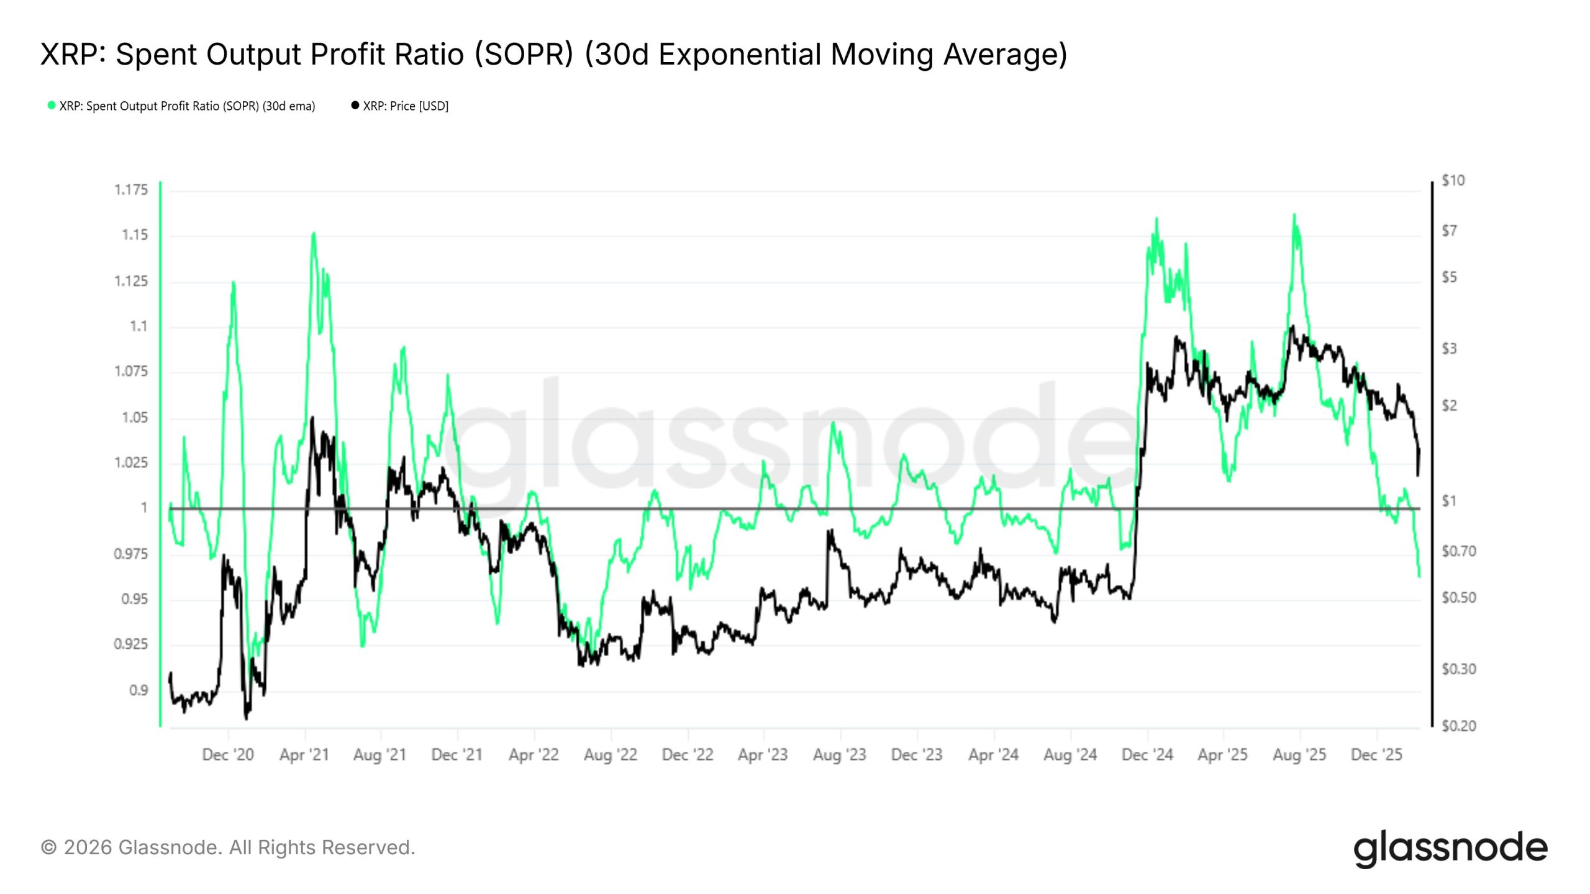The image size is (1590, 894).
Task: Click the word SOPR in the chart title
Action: coord(523,55)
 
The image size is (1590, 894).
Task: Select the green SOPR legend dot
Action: coord(52,106)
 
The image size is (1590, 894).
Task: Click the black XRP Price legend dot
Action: coord(355,106)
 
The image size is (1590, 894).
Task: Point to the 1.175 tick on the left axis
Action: coord(131,190)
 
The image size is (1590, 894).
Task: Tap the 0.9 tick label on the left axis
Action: coord(139,690)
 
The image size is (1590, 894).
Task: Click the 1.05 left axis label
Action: coord(135,418)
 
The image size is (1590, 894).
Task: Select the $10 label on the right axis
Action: coord(1453,181)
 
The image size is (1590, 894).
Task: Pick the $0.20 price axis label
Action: coord(1458,726)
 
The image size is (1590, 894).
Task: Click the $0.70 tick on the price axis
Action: coord(1458,551)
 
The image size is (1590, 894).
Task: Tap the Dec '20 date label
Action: coord(228,755)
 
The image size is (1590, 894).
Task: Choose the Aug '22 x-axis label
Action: coord(611,755)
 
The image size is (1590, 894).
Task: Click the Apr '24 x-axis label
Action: coord(993,755)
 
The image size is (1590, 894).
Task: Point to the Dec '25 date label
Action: coord(1376,755)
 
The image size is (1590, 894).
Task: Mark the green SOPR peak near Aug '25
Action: coord(1294,215)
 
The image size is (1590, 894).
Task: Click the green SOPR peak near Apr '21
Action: coord(314,233)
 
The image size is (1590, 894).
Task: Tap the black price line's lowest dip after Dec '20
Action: coord(246,718)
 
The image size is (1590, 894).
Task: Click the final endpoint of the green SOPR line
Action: coord(1419,576)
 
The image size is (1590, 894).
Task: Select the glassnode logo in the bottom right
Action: coord(1450,848)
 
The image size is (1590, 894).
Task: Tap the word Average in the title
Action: coord(1005,55)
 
